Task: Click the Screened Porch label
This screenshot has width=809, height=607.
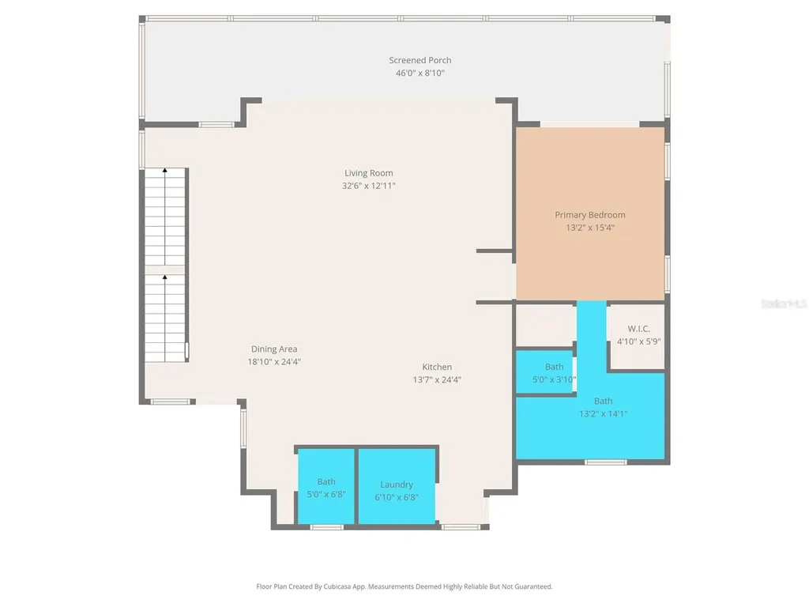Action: tap(420, 60)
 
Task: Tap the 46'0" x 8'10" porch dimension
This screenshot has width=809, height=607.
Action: tap(420, 74)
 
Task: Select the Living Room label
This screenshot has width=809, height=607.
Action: tap(368, 173)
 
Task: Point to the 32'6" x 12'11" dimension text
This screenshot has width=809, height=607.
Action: tap(368, 186)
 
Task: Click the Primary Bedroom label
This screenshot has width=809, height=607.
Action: tap(589, 215)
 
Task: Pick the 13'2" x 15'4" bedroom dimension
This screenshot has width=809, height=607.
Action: tap(589, 228)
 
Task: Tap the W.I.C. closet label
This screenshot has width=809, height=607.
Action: tap(638, 329)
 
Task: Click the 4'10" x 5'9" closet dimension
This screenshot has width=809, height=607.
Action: tap(638, 341)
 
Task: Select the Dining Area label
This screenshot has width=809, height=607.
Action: tap(274, 349)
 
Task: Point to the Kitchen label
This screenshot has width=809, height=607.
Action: tap(437, 367)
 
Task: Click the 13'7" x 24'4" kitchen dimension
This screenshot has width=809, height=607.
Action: tap(437, 380)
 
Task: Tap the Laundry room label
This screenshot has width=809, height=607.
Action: tap(397, 484)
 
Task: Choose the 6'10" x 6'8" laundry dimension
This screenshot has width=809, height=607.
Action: tap(397, 497)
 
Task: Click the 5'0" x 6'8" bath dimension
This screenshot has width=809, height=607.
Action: tap(326, 494)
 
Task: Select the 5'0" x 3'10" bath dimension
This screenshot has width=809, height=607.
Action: tap(554, 379)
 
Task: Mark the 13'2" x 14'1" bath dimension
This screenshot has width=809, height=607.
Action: tap(603, 413)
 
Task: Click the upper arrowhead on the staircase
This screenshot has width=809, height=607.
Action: tap(165, 170)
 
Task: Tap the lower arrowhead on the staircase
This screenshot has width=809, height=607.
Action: tap(165, 277)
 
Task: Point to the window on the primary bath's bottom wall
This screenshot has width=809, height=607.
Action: tap(606, 462)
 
